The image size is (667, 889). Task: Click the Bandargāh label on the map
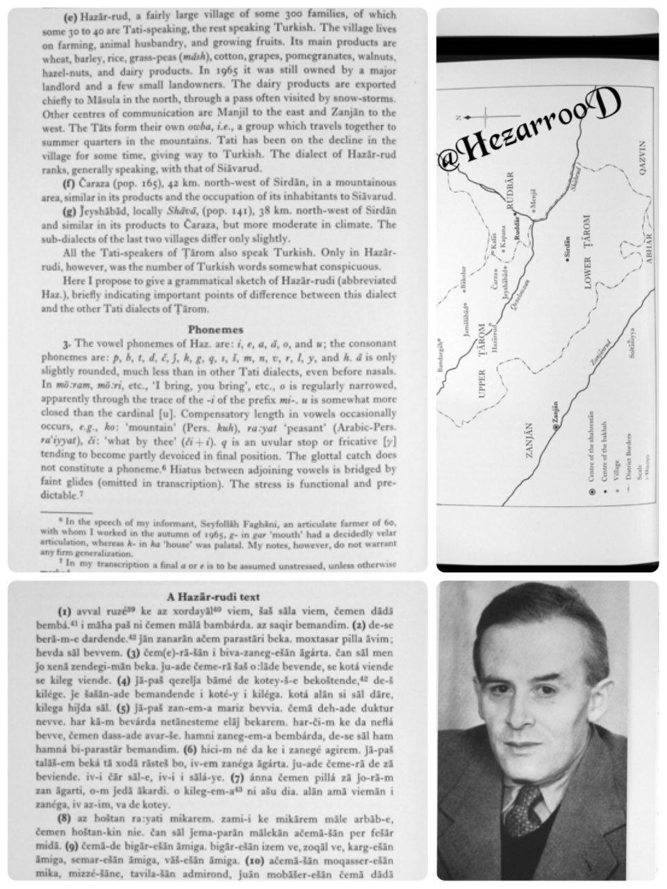click(x=443, y=357)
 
